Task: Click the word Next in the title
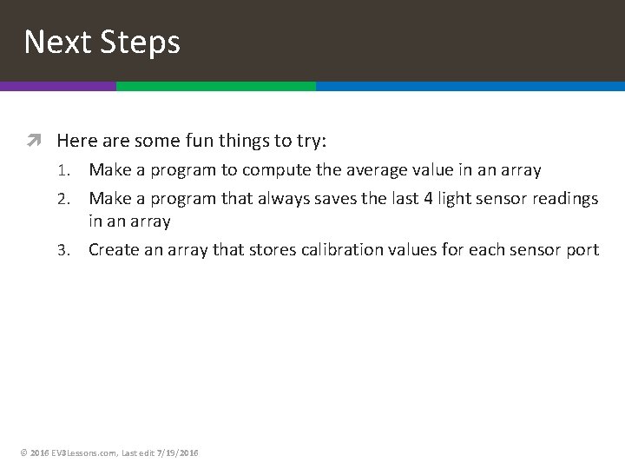[x=56, y=42]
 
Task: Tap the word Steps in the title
[x=138, y=42]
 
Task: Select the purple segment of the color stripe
[x=57, y=86]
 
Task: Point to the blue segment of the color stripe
[x=470, y=86]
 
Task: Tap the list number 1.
[x=75, y=170]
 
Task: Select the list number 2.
[x=75, y=199]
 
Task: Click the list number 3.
[x=75, y=250]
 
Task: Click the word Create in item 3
[x=113, y=250]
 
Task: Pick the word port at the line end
[x=582, y=250]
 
